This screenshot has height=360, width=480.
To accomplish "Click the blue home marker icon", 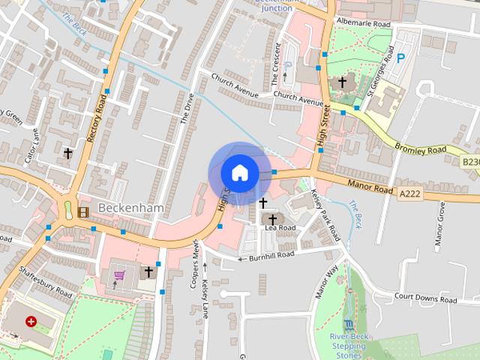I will [x=239, y=172].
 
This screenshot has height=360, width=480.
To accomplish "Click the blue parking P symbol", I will [x=400, y=58].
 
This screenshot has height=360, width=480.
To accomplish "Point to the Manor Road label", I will [x=370, y=187].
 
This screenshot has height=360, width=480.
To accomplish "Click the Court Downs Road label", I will [x=425, y=298].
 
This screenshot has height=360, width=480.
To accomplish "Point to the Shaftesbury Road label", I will [x=44, y=282].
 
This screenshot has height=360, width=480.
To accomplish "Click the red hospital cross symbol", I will [x=31, y=321].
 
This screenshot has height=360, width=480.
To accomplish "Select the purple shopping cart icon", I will [x=118, y=276].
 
